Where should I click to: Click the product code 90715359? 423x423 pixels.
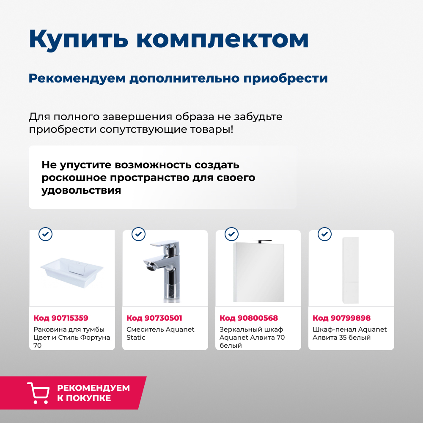pos(60,318)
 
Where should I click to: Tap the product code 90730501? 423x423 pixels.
pos(154,318)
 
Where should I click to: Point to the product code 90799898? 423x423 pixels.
pos(341,318)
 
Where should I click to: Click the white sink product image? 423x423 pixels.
pos(72,271)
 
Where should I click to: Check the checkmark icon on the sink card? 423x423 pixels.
pos(45,233)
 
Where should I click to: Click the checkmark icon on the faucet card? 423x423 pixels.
pos(138,233)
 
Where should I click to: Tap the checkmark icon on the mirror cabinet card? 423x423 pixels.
pos(231,233)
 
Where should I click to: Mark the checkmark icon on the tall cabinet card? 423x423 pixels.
pos(324,233)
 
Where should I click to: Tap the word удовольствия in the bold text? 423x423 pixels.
pos(81,190)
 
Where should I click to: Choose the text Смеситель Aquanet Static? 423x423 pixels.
pos(160,333)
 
